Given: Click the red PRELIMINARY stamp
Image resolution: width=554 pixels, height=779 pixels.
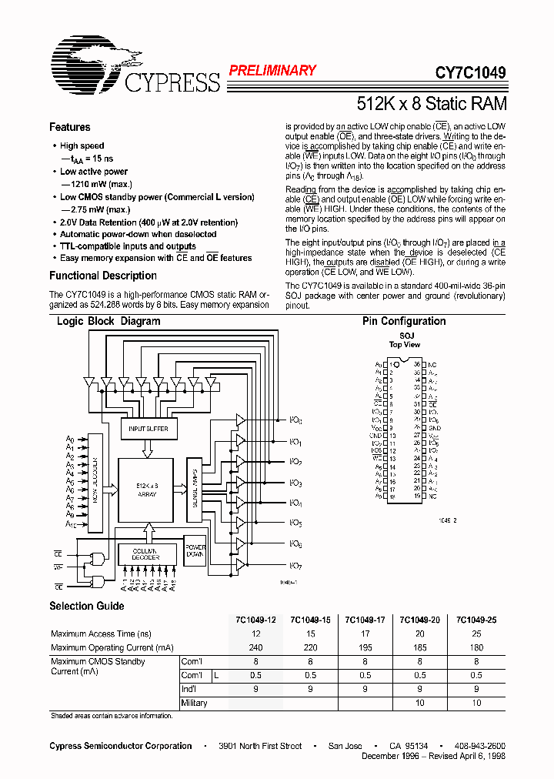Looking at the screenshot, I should click(272, 70).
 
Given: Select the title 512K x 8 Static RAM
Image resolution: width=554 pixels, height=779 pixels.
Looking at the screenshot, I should click(431, 104).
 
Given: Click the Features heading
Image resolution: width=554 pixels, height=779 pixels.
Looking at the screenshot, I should click(69, 127).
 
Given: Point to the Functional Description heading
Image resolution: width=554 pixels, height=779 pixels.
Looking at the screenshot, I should click(102, 276).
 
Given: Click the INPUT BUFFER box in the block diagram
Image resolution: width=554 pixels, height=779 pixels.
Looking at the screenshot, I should click(148, 429).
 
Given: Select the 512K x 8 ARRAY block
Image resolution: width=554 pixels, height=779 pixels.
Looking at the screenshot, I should click(146, 490).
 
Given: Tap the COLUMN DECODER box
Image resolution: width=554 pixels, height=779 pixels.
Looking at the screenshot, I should click(145, 554).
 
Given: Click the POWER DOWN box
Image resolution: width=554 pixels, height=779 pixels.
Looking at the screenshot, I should click(195, 550).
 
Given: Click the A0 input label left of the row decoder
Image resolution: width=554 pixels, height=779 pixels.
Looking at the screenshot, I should click(70, 439).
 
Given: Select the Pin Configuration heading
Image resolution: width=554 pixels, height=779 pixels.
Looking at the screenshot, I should click(403, 321).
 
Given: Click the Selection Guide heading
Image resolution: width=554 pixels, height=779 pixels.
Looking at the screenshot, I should click(86, 606).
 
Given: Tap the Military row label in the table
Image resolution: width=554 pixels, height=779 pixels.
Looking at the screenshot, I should click(194, 703).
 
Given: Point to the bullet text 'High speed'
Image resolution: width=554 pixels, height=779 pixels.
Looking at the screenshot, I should click(82, 145).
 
